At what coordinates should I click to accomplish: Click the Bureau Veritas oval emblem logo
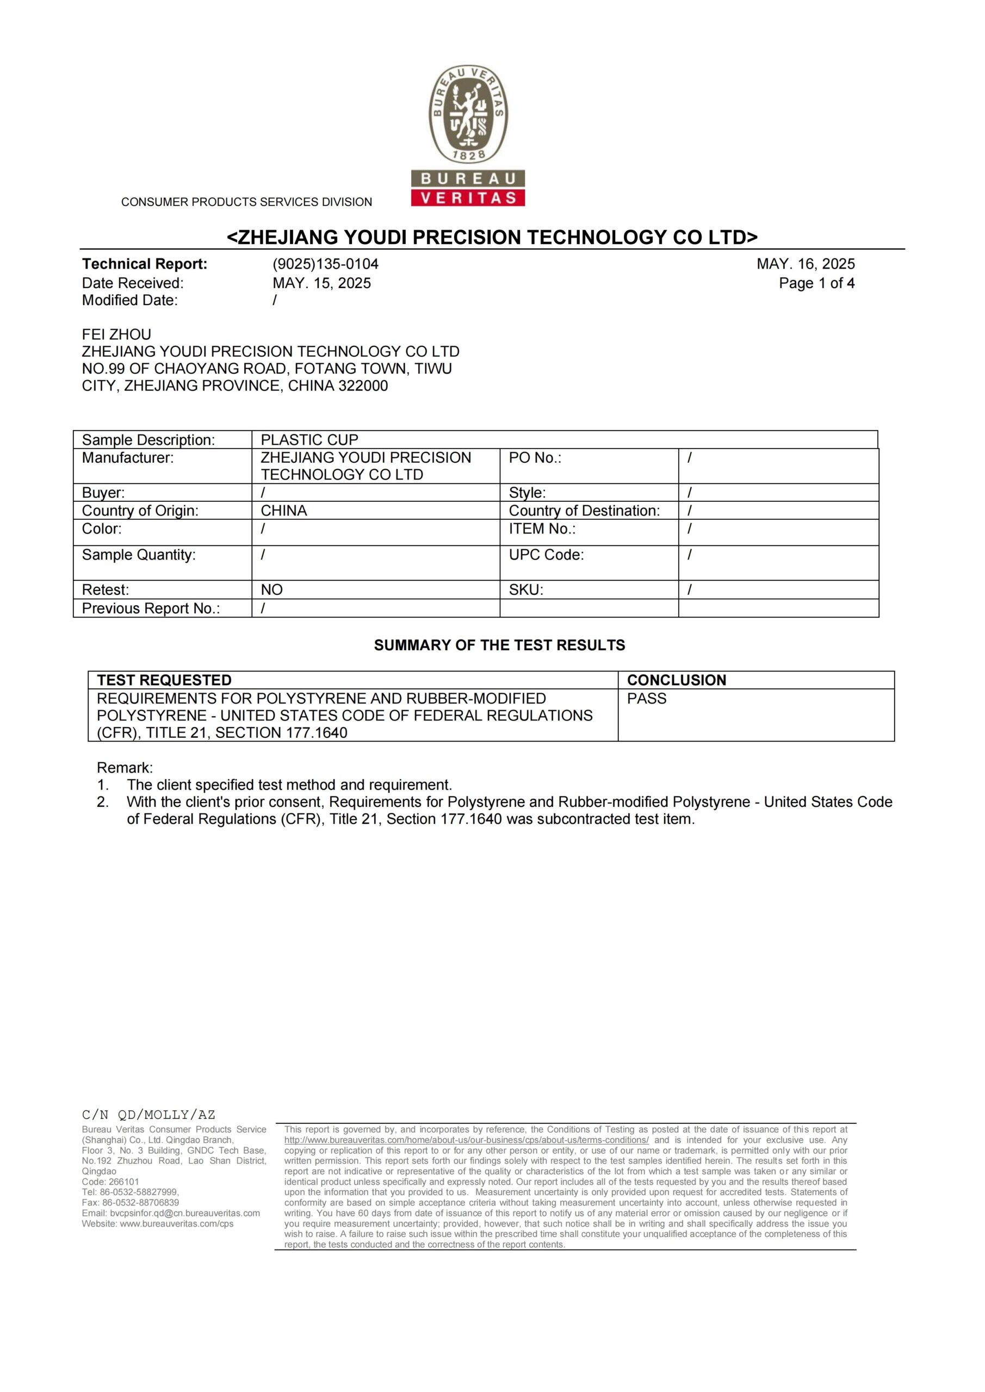click(x=468, y=115)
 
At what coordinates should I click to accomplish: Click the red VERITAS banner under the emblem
click(x=468, y=197)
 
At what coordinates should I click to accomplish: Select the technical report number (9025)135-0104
click(x=325, y=264)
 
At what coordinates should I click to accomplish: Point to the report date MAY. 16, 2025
click(x=806, y=264)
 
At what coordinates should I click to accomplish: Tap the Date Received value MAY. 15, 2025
click(x=321, y=283)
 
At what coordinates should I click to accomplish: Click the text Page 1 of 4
click(x=816, y=283)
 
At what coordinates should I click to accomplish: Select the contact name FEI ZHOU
click(x=116, y=334)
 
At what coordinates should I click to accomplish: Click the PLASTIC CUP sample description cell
click(x=309, y=439)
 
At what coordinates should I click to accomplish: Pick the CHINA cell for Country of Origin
click(x=284, y=511)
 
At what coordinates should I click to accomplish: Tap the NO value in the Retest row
click(x=272, y=590)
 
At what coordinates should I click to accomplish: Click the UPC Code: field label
click(x=546, y=555)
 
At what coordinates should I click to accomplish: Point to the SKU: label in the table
click(x=526, y=590)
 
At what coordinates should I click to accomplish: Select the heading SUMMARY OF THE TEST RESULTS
click(x=499, y=645)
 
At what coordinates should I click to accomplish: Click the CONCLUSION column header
click(x=676, y=680)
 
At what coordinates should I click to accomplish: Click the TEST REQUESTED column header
click(x=164, y=680)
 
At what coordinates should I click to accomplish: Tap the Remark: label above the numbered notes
click(x=125, y=768)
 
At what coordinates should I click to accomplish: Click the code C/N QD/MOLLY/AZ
click(x=148, y=1114)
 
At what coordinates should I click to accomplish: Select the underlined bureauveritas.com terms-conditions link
click(x=466, y=1140)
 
